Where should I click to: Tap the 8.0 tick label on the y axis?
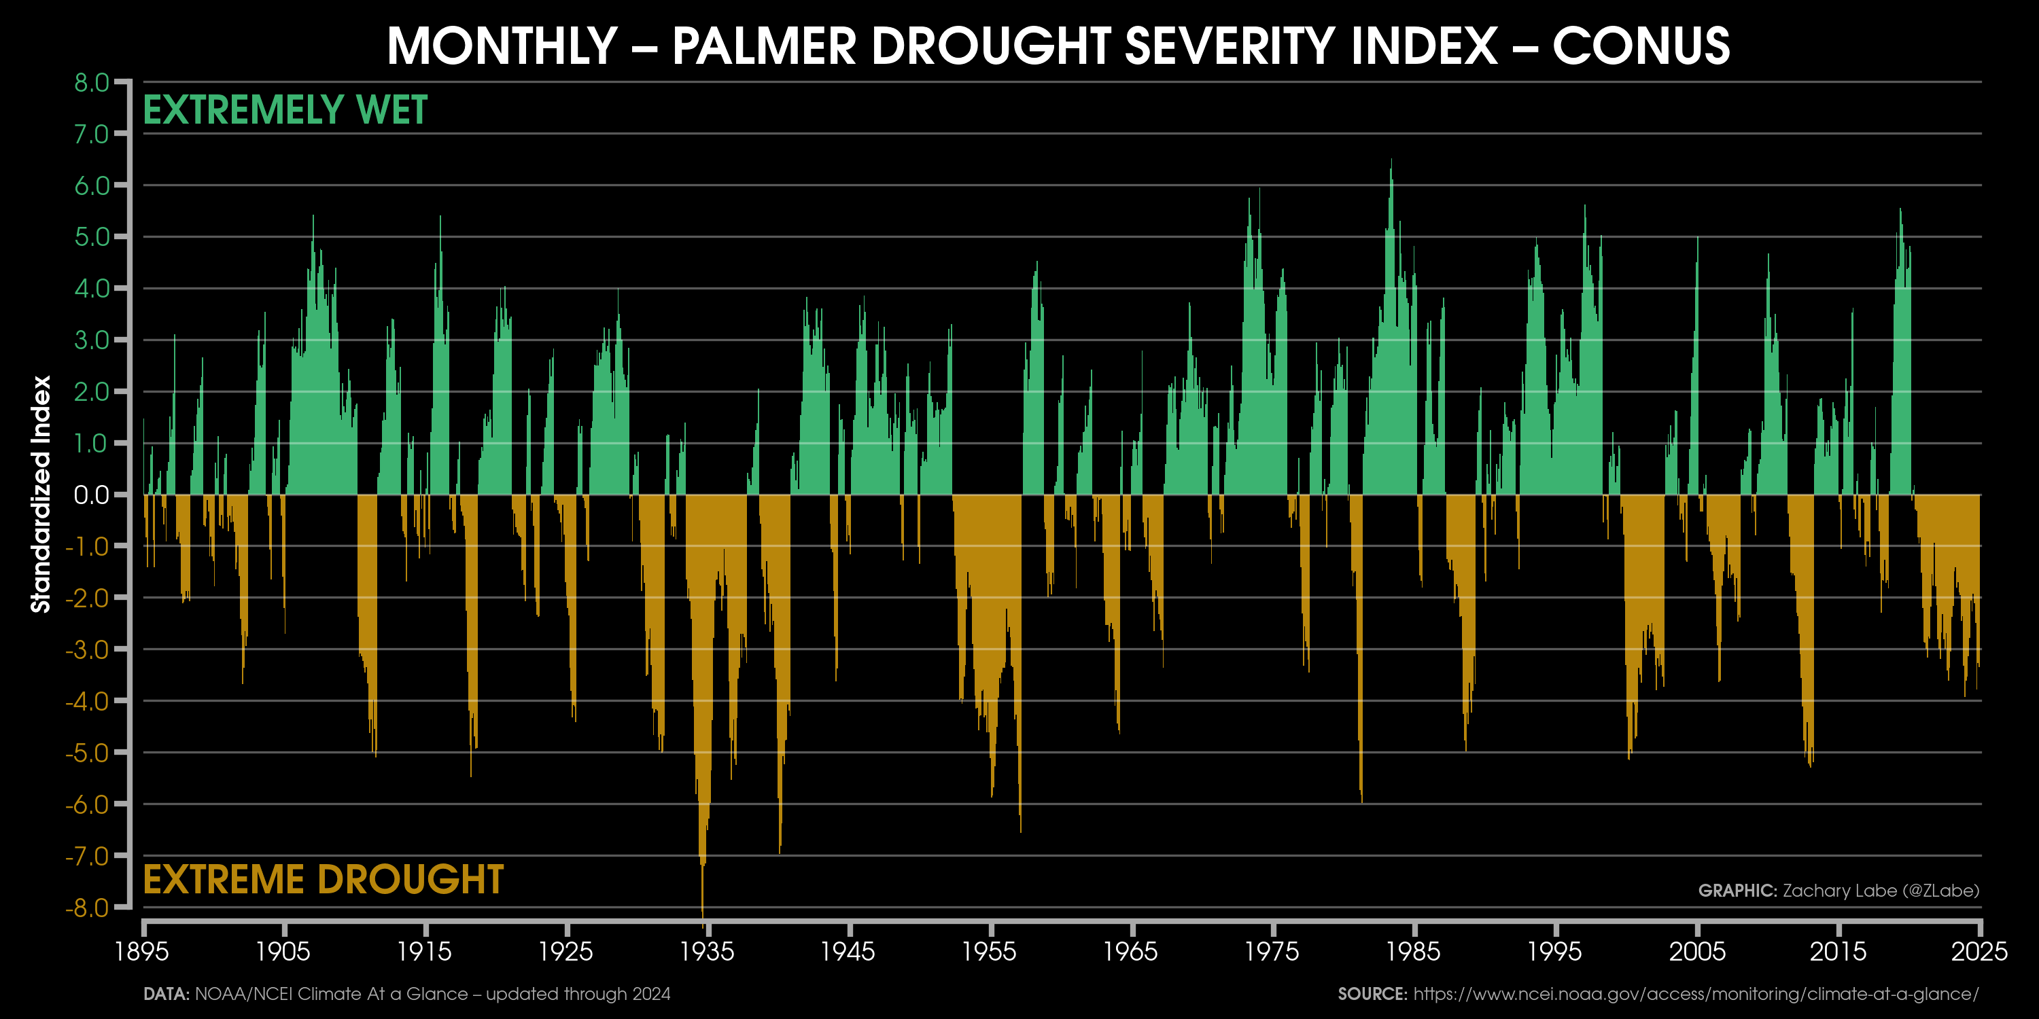point(91,82)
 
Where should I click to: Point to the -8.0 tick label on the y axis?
point(87,907)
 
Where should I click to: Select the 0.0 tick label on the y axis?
point(91,495)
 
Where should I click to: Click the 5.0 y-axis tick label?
point(91,237)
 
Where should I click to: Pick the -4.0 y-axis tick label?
point(87,701)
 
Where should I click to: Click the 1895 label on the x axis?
point(143,951)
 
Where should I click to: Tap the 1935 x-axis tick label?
point(708,951)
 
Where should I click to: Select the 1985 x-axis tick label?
point(1414,951)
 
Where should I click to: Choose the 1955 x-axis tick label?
point(990,951)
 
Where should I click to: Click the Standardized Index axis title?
point(41,495)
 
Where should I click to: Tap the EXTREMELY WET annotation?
point(285,110)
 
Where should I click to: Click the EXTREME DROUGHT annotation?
point(323,880)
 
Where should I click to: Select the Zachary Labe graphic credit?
point(1838,891)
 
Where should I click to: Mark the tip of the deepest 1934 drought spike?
point(703,926)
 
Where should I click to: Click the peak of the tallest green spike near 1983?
point(1391,160)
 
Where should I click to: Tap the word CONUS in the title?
point(1641,46)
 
